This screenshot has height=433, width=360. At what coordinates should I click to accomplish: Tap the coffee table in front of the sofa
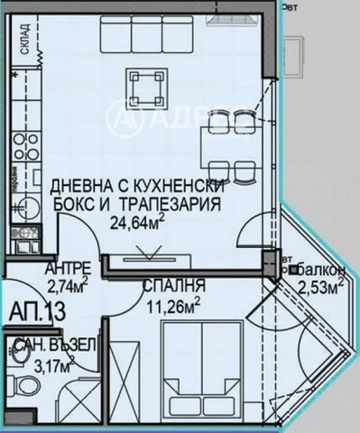(x=147, y=86)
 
